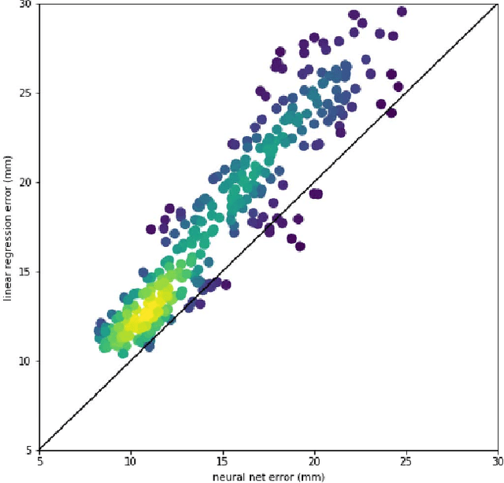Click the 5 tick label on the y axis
29,450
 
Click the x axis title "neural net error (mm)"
268,475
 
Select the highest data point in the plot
402,11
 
